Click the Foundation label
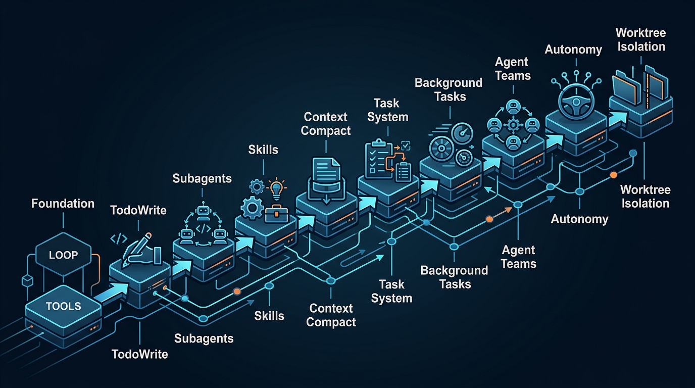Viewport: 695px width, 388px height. (x=63, y=204)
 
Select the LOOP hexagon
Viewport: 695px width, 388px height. (x=63, y=255)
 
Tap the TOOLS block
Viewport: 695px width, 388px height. (x=63, y=306)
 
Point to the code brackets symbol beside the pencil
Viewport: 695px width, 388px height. (x=118, y=238)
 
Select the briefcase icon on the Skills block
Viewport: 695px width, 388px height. (x=276, y=213)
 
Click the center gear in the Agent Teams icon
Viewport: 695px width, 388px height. (x=513, y=124)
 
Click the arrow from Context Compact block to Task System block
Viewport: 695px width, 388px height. (x=367, y=202)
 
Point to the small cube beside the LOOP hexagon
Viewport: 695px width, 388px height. (x=26, y=280)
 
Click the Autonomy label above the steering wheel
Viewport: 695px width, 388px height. (x=573, y=50)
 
